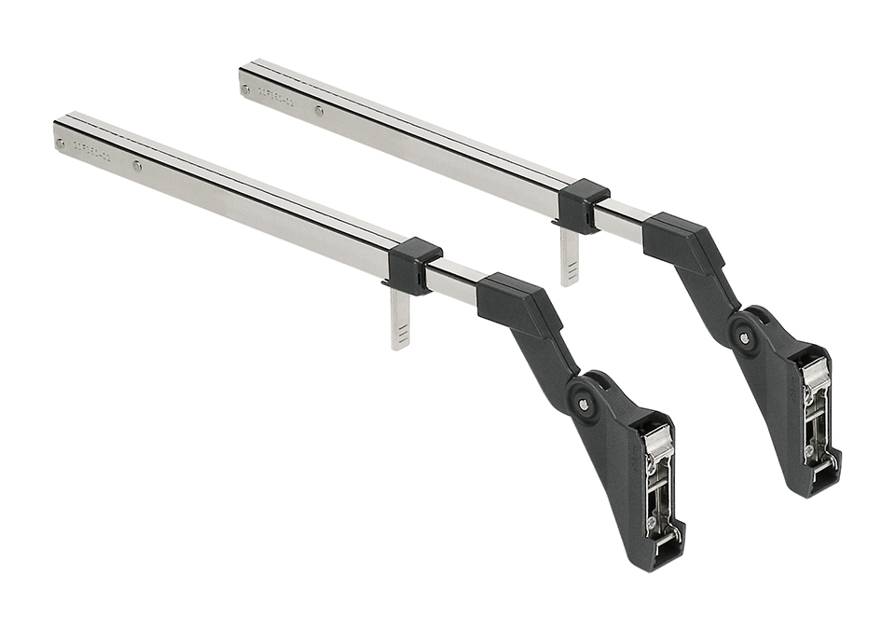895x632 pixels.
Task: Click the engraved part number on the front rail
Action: pos(93,152)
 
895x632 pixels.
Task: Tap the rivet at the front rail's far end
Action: pos(62,144)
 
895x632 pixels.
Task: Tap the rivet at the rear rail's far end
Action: pos(246,90)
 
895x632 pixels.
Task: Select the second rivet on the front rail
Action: pos(137,167)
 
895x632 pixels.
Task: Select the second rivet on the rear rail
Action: pos(320,112)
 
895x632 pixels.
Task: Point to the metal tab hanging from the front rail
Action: pos(400,322)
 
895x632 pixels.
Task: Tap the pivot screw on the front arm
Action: pos(584,404)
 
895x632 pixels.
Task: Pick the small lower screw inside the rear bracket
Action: pos(809,449)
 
